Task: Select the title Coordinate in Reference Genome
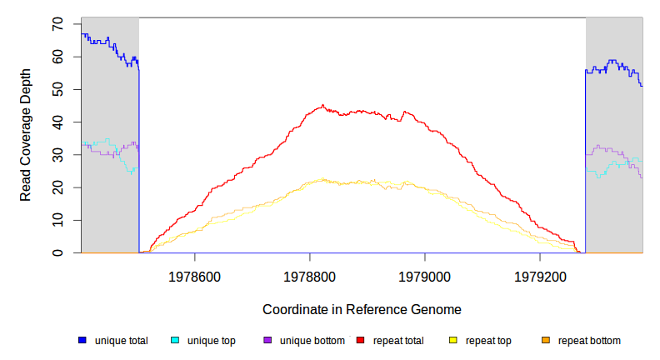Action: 362,309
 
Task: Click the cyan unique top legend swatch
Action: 175,341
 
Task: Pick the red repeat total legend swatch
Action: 360,341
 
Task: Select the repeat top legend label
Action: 488,341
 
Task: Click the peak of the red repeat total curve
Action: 322,105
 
